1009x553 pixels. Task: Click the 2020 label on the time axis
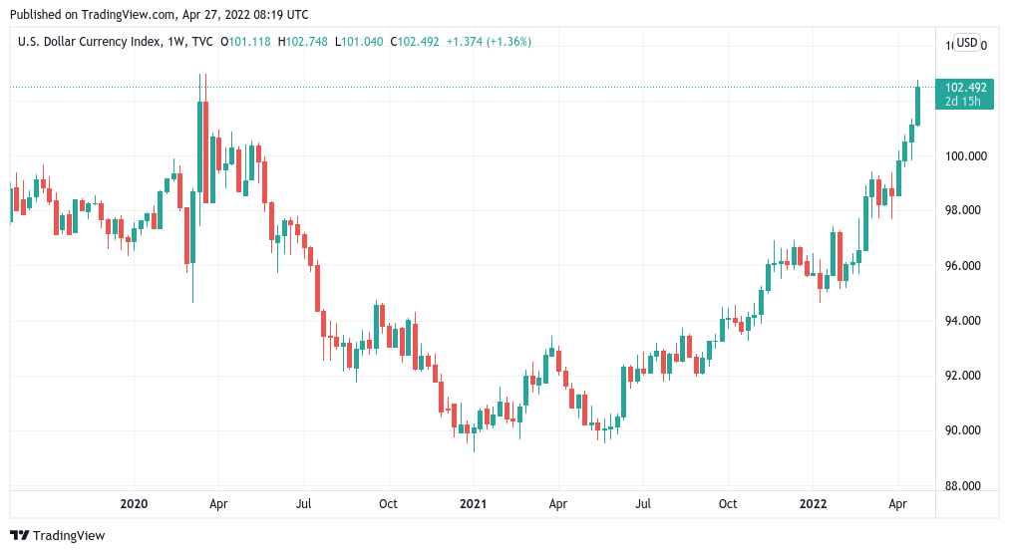pyautogui.click(x=134, y=504)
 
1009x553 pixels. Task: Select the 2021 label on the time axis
pyautogui.click(x=473, y=504)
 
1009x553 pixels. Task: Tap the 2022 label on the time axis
pyautogui.click(x=813, y=504)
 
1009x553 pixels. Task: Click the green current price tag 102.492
pyautogui.click(x=965, y=88)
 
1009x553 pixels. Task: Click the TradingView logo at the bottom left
pyautogui.click(x=57, y=536)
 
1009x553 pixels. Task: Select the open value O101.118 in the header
pyautogui.click(x=245, y=42)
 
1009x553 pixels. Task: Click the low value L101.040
pyautogui.click(x=360, y=42)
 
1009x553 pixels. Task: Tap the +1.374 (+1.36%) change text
pyautogui.click(x=489, y=42)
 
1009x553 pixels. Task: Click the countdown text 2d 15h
pyautogui.click(x=965, y=102)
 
